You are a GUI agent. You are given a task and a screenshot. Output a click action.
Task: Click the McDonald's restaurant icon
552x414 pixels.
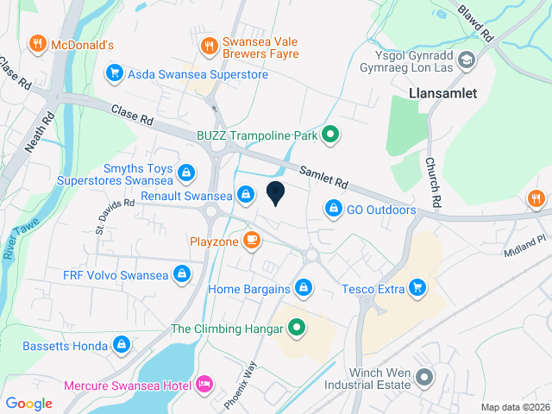coord(36,42)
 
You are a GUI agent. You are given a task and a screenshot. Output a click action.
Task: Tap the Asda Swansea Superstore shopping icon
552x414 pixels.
coord(112,73)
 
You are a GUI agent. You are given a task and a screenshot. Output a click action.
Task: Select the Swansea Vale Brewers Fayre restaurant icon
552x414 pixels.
coord(207,46)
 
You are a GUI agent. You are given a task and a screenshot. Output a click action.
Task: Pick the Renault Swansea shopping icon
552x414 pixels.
coord(247,195)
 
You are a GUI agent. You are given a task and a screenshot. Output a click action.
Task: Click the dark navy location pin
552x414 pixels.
coord(276,194)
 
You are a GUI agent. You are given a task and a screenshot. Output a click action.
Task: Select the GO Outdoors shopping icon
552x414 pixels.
coord(333,209)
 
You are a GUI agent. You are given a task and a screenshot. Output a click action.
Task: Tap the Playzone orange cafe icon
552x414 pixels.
coord(252,240)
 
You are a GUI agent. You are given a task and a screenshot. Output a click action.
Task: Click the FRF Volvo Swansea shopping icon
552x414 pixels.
coord(182,275)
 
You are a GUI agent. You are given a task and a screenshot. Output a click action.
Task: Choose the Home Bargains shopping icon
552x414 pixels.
coord(304,286)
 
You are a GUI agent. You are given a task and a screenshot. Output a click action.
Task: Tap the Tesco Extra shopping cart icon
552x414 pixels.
coord(418,287)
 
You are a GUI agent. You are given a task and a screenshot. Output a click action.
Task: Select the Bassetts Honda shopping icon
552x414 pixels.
coord(122,345)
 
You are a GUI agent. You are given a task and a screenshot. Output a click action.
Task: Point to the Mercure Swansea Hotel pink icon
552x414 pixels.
coord(205,382)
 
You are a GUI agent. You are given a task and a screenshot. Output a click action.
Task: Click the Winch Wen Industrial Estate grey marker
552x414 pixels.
coord(423,377)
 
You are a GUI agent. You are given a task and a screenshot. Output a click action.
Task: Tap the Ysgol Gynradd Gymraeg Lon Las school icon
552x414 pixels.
coord(467,60)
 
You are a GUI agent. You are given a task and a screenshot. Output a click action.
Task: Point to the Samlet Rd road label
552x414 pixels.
coord(323,177)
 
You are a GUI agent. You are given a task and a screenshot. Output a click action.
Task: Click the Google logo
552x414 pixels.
coord(28,403)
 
